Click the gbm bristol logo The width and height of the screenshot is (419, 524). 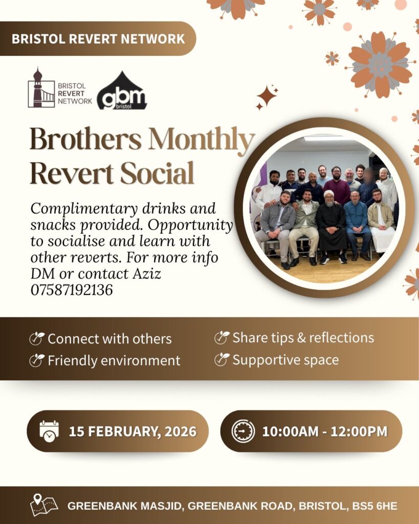point(122,92)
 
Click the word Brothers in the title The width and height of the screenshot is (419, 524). point(86,139)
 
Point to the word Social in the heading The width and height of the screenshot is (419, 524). point(157,172)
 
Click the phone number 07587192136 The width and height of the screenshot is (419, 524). point(72,290)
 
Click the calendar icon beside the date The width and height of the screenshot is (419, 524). point(49,431)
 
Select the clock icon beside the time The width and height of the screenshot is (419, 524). point(243,431)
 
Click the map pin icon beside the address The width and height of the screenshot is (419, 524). point(44,505)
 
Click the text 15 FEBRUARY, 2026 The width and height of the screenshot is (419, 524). point(133,431)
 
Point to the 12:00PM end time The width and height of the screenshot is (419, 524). point(359,431)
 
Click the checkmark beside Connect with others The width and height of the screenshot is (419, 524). point(37,339)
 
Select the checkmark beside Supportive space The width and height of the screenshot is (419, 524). point(222,360)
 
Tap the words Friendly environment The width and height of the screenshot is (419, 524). point(114,361)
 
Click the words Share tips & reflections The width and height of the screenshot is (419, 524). point(303,338)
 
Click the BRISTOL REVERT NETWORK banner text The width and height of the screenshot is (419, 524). point(98,39)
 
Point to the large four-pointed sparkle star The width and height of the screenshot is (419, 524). point(267,96)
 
